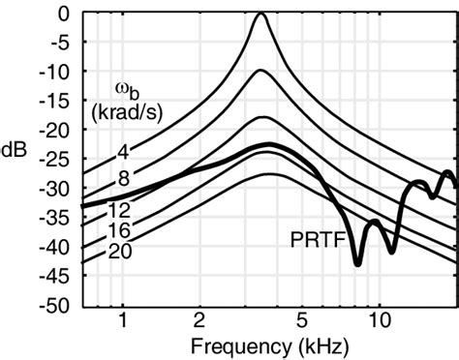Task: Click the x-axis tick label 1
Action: click(x=123, y=321)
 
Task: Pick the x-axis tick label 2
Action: click(x=199, y=321)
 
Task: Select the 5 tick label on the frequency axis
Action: click(x=302, y=321)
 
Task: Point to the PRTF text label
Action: click(x=314, y=235)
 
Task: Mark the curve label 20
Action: click(x=121, y=253)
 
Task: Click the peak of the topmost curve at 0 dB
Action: click(x=260, y=15)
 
